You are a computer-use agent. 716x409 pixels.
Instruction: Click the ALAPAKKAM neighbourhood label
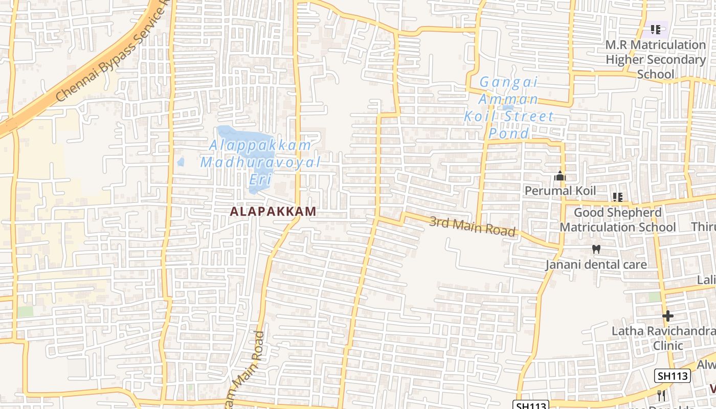(x=273, y=211)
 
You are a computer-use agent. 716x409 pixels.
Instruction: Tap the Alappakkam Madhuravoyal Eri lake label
(x=260, y=162)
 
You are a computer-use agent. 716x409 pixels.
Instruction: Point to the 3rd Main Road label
(x=472, y=226)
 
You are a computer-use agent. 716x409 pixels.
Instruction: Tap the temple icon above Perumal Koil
(x=560, y=176)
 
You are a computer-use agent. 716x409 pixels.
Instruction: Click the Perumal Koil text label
(x=560, y=191)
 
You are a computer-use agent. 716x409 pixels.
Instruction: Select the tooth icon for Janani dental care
(x=596, y=249)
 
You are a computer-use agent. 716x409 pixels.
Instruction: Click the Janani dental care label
(x=596, y=264)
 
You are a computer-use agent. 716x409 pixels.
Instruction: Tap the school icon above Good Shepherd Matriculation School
(x=618, y=197)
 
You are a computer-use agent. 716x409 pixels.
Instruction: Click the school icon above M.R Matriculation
(x=656, y=30)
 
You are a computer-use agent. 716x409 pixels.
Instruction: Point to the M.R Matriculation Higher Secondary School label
(x=656, y=59)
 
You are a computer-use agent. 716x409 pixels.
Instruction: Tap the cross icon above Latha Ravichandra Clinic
(x=667, y=316)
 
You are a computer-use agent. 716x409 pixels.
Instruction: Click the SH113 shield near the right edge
(x=673, y=376)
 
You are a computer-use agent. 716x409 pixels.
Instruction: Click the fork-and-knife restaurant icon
(x=661, y=395)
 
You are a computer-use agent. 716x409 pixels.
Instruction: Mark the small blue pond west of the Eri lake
(x=181, y=162)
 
